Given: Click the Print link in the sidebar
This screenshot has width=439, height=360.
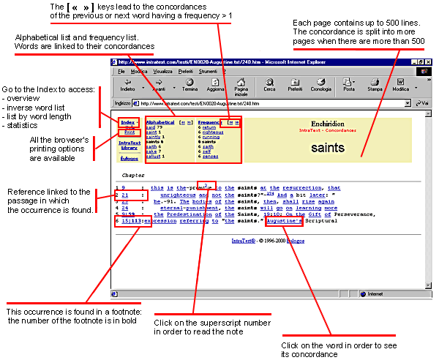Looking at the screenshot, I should coord(128,132).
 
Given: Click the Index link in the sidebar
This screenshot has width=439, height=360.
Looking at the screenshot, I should coord(127,121).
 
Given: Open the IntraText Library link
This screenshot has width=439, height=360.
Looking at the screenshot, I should coord(130,146).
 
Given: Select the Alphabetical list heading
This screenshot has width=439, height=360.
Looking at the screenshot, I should coord(160,121).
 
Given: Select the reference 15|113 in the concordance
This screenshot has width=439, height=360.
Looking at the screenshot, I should coord(132,220).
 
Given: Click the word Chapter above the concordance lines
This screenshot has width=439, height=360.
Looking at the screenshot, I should coord(133,176).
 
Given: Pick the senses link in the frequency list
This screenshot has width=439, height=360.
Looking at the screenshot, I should coord(211,157).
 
